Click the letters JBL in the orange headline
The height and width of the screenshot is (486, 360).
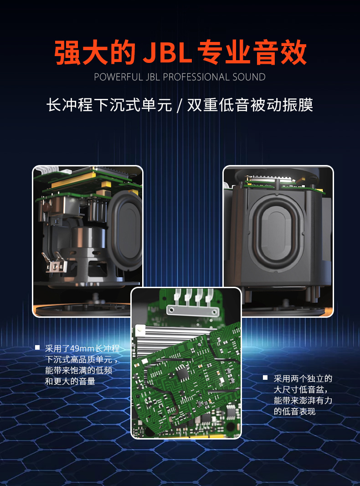[x=167, y=53]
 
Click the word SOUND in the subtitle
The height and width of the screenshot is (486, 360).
[x=249, y=77]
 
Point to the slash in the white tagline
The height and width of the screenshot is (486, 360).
[x=180, y=105]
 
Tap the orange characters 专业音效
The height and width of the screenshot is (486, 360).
[x=252, y=53]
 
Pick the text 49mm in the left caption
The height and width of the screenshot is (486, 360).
[x=82, y=349]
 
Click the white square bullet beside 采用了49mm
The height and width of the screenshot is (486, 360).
[x=37, y=347]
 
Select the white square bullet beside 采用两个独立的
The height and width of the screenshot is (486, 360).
[x=265, y=377]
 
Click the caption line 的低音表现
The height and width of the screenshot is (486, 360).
[x=294, y=412]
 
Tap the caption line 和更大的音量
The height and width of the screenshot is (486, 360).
[x=70, y=381]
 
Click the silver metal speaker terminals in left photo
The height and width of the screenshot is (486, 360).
[x=54, y=263]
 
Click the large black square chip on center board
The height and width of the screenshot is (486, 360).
[x=182, y=372]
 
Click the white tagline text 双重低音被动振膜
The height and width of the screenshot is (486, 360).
[x=250, y=105]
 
